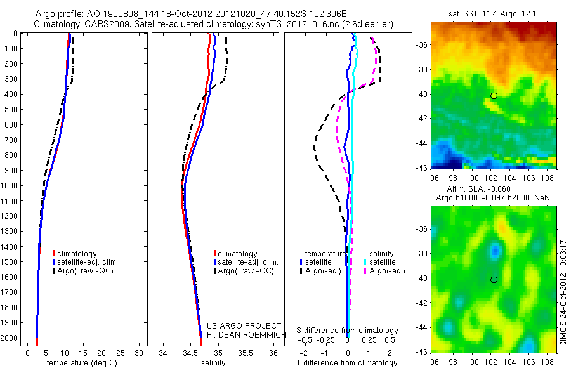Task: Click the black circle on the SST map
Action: click(x=494, y=95)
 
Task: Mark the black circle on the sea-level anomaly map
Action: click(x=494, y=279)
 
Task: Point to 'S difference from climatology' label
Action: click(x=347, y=331)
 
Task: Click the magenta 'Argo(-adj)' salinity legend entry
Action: click(x=386, y=271)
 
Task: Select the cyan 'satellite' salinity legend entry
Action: click(x=383, y=261)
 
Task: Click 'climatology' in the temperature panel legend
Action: click(x=77, y=254)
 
